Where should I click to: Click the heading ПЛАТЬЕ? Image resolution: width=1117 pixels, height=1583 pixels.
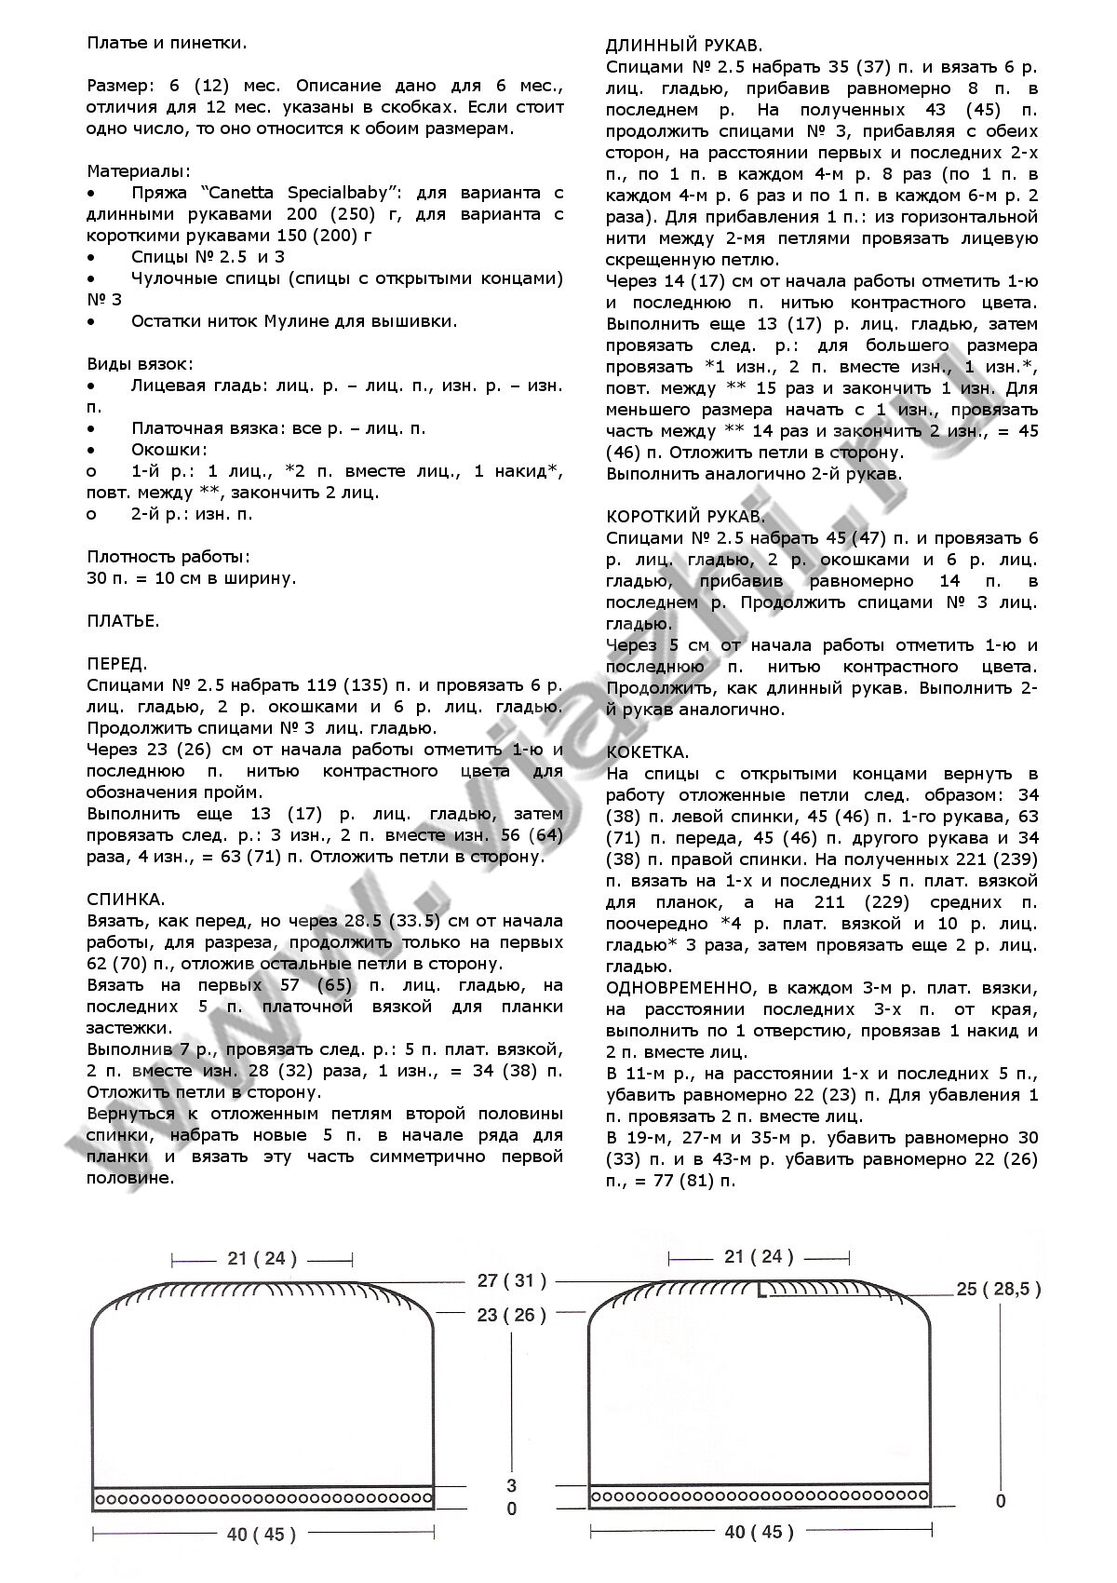pyautogui.click(x=123, y=621)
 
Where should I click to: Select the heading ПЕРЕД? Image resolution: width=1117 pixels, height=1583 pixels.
pyautogui.click(x=116, y=664)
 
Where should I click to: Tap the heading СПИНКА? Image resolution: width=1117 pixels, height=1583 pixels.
pyautogui.click(x=126, y=900)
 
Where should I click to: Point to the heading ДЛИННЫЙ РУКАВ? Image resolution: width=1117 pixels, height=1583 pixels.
pyautogui.click(x=684, y=45)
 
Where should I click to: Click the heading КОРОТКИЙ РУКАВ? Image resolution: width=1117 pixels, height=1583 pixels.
pyautogui.click(x=686, y=516)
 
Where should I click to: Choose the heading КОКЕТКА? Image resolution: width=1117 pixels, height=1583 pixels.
pyautogui.click(x=647, y=751)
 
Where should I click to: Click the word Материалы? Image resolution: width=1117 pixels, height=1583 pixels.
pyautogui.click(x=139, y=171)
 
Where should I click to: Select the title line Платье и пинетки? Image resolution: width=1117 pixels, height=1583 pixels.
pyautogui.click(x=167, y=42)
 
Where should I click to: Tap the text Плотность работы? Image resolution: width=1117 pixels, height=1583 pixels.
pyautogui.click(x=168, y=557)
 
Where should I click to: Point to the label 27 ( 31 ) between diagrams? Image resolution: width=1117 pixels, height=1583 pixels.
pyautogui.click(x=512, y=1280)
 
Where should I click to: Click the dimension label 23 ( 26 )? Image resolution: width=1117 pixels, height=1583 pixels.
pyautogui.click(x=512, y=1315)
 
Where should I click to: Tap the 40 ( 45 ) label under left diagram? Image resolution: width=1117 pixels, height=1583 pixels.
pyautogui.click(x=262, y=1534)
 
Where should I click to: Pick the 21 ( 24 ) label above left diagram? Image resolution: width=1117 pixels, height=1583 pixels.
pyautogui.click(x=262, y=1258)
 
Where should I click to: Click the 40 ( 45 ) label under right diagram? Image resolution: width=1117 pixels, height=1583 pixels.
pyautogui.click(x=759, y=1532)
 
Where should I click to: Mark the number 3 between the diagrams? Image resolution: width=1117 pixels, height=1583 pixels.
pyautogui.click(x=511, y=1484)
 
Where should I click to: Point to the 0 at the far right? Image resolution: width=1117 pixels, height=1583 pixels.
pyautogui.click(x=1001, y=1501)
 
